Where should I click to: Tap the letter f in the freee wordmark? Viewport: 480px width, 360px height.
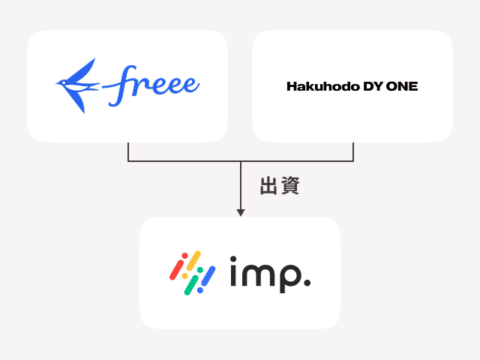[120, 85]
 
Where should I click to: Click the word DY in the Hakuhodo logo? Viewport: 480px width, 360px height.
[373, 86]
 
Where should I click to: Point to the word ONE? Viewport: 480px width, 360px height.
[403, 86]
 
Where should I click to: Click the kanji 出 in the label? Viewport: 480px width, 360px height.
[268, 187]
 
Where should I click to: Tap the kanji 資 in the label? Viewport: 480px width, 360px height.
[289, 187]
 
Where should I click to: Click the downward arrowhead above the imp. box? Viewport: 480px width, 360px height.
[240, 213]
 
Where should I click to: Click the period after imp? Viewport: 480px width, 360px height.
[307, 284]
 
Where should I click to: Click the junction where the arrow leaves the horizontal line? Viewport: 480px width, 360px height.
[240, 161]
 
